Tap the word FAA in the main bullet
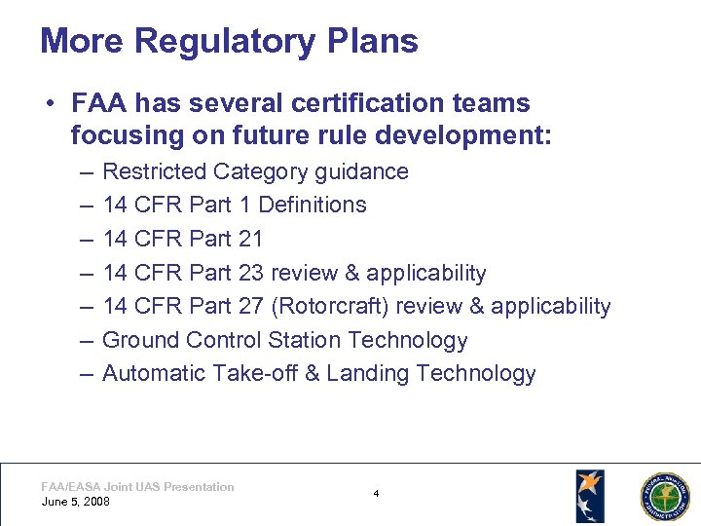[x=103, y=103]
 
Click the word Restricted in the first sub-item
[x=154, y=171]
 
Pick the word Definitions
[x=312, y=205]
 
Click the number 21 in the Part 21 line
[x=250, y=239]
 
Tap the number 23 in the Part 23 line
[x=250, y=273]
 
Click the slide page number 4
[x=376, y=494]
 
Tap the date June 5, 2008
[x=76, y=502]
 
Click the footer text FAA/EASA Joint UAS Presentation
[x=137, y=486]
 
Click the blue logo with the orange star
[x=589, y=496]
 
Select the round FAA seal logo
[x=663, y=497]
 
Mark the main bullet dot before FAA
[x=46, y=104]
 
